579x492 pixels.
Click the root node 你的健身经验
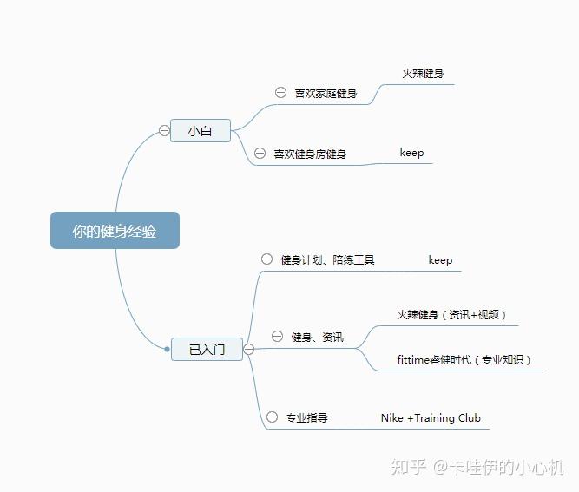[x=115, y=231]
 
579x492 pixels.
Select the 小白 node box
[x=201, y=131]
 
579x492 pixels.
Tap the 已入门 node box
[x=207, y=350]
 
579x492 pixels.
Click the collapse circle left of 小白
[x=164, y=131]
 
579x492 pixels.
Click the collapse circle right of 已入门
[x=248, y=350]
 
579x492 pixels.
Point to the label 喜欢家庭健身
[x=326, y=93]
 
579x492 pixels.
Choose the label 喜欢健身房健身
[x=310, y=154]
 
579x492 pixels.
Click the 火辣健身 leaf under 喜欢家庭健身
[x=423, y=74]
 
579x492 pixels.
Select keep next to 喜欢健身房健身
[x=411, y=153]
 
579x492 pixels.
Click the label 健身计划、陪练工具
[x=327, y=259]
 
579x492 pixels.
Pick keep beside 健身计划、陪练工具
[x=440, y=259]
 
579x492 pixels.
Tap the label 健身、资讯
[x=317, y=337]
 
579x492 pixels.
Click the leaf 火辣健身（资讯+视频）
[x=451, y=315]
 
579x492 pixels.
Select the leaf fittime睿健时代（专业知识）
[x=464, y=359]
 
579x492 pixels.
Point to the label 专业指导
[x=306, y=417]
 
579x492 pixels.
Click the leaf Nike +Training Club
[x=431, y=417]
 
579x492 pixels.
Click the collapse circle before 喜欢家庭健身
[x=280, y=92]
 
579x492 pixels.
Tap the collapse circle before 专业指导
[x=272, y=417]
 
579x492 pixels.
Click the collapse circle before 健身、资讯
[x=277, y=336]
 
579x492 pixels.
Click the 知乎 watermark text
[x=408, y=467]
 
